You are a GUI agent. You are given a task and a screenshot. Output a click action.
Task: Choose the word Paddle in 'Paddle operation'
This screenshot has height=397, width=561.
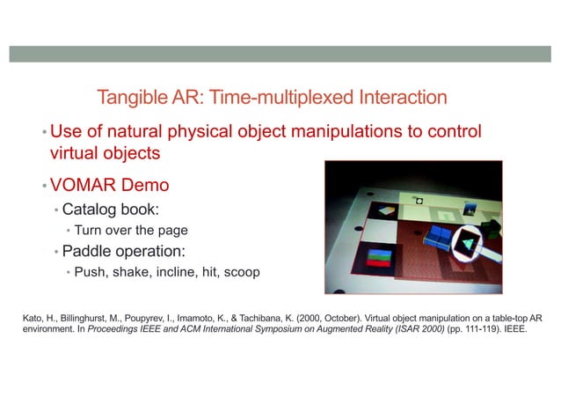click(88, 252)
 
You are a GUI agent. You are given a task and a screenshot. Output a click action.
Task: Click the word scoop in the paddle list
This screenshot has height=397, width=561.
click(240, 272)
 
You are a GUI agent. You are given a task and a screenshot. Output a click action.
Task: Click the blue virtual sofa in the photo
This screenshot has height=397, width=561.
click(436, 235)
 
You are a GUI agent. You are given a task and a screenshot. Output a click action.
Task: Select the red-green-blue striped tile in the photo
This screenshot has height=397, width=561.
click(381, 259)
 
